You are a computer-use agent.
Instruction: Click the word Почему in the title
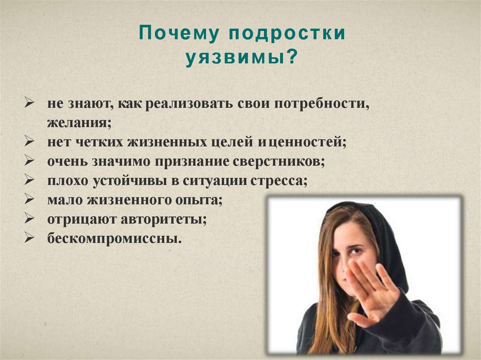[179, 33]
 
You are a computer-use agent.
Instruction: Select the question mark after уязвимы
[292, 56]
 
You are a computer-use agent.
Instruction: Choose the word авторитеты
[163, 220]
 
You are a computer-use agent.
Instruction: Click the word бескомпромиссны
[115, 238]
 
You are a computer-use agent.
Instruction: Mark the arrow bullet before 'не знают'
[29, 103]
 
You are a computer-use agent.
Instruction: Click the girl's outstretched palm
[371, 291]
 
